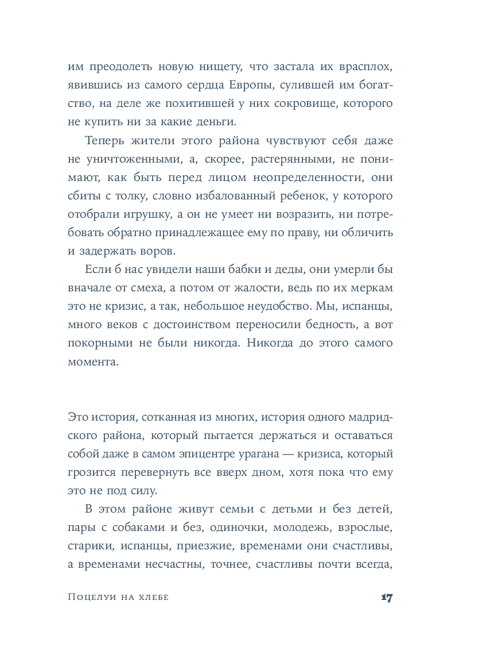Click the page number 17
386,597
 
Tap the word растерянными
277,159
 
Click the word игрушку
172,215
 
